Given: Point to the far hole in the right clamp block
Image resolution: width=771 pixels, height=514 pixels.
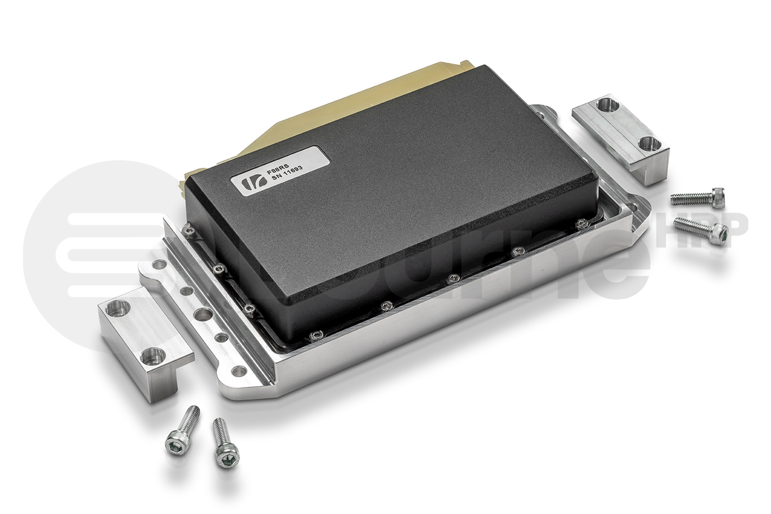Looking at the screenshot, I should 607,104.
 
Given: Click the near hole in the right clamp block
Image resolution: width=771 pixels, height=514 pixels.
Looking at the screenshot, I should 649,143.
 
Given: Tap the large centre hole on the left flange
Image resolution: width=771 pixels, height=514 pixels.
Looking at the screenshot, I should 202,314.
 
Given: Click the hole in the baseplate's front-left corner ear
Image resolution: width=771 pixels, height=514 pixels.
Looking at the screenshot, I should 238,371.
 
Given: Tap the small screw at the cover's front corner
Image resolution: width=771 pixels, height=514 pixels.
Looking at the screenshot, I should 315,335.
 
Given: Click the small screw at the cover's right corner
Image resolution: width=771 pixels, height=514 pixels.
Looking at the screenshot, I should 581,224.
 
